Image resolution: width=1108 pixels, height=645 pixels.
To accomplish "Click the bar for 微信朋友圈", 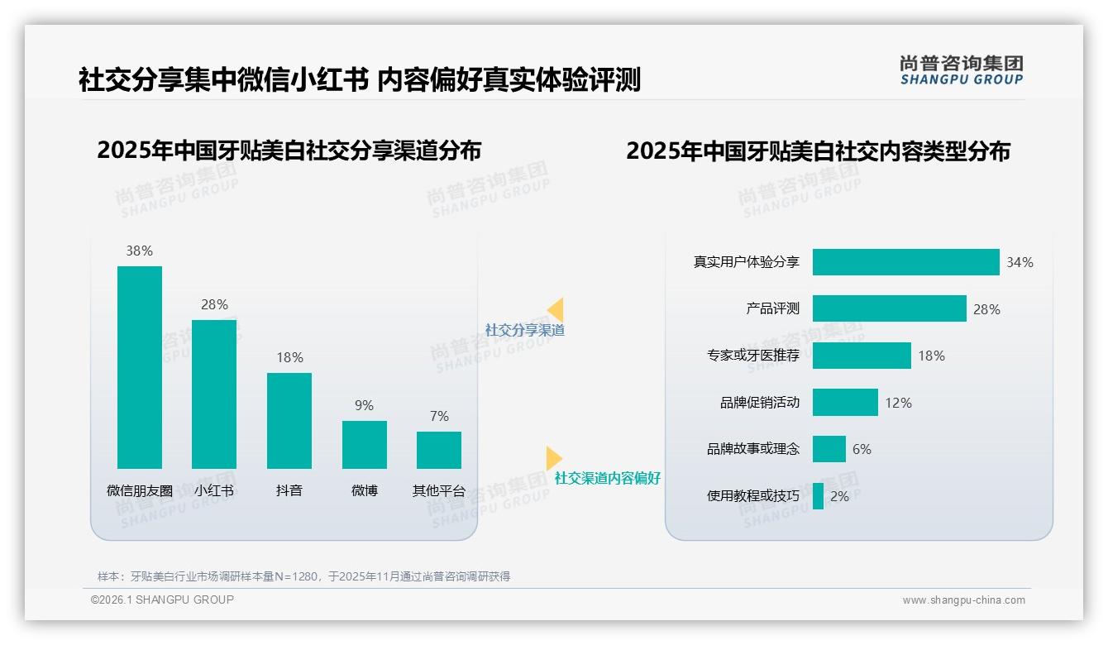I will click(140, 367).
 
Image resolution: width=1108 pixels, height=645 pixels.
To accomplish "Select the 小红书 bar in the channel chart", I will click(214, 394).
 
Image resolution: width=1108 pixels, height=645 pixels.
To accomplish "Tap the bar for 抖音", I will click(289, 421).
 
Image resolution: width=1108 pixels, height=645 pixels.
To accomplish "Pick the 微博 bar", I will click(365, 445).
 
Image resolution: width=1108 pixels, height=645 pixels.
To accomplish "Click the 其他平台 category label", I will click(439, 490).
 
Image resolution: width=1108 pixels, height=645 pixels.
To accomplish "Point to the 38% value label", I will click(140, 251).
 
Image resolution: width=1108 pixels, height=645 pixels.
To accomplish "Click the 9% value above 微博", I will click(365, 405).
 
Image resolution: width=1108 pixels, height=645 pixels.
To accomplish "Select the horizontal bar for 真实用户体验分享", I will click(905, 262).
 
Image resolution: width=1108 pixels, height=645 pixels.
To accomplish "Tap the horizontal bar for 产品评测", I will click(889, 308).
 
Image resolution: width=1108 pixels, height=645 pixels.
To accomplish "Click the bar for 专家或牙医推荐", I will click(862, 356).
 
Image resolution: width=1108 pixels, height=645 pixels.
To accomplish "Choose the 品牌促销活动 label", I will click(760, 403).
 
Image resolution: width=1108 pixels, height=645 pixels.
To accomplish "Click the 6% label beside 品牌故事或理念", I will click(862, 449).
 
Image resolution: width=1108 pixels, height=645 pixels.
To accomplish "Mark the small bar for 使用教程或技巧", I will click(818, 496).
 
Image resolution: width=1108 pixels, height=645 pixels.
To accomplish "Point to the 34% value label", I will click(1020, 262).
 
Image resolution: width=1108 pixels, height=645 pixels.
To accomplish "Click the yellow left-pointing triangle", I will click(556, 310).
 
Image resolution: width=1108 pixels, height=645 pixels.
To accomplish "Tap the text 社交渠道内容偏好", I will click(607, 478).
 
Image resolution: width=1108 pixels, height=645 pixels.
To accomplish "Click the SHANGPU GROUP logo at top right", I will click(962, 70).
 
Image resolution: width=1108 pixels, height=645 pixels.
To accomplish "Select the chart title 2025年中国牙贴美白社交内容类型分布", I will click(818, 151).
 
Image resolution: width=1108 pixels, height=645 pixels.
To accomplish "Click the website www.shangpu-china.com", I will click(963, 600).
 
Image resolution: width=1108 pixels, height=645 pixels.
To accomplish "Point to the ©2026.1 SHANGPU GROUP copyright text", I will click(162, 600).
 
